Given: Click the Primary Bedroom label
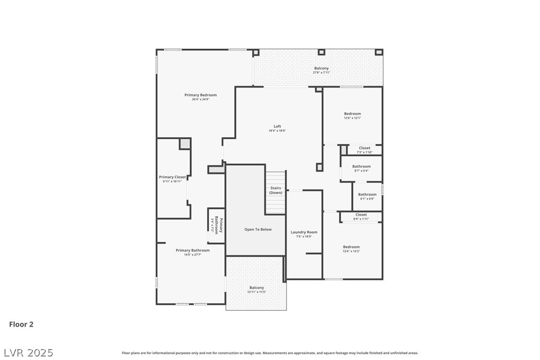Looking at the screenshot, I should click(200, 95).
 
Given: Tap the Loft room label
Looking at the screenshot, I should click(277, 126).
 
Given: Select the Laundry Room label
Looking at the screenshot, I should click(304, 232).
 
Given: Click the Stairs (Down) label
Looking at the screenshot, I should click(275, 190).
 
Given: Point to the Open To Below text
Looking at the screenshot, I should click(258, 229).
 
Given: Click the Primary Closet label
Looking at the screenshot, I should click(172, 177).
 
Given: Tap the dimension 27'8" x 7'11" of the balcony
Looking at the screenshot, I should click(321, 73).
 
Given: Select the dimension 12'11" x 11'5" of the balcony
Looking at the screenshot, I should click(257, 292).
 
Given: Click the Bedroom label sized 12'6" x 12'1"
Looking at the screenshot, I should click(352, 114).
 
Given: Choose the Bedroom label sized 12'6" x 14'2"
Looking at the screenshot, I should click(351, 247).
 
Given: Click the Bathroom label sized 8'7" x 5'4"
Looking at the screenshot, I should click(361, 167).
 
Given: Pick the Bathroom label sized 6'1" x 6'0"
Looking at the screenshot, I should click(367, 194).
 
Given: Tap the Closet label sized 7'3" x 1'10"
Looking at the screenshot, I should click(364, 148).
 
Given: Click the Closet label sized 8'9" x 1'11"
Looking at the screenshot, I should click(361, 215).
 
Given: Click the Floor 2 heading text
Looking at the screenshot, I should click(21, 325).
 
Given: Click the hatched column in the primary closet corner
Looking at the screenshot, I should click(185, 143).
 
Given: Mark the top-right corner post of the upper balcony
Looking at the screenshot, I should click(378, 52).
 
